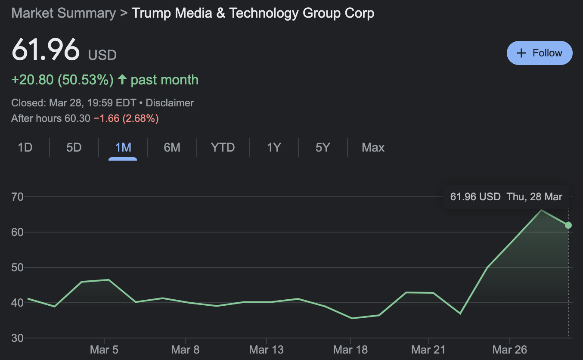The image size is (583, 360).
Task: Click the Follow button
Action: click(540, 53)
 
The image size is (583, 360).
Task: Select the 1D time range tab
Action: click(25, 148)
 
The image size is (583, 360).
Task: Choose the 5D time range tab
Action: click(74, 148)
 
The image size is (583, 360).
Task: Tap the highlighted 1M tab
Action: click(123, 148)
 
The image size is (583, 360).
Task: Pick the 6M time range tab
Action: click(172, 148)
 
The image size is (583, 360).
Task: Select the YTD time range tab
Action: click(223, 148)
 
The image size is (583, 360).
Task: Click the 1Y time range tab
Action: click(273, 148)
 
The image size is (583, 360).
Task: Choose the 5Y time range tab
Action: click(323, 148)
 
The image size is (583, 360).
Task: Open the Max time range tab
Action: click(373, 148)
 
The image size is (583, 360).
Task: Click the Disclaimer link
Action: click(170, 103)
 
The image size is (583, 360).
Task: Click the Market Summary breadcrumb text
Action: click(63, 13)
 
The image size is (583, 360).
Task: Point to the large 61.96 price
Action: click(46, 50)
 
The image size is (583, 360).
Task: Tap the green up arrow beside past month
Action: click(123, 80)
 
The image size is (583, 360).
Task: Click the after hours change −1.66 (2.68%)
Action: click(126, 118)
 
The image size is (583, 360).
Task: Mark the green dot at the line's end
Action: click(568, 225)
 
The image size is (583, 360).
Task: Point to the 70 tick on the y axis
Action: click(17, 197)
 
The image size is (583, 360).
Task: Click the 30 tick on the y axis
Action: click(17, 338)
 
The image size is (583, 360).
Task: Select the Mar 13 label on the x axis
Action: click(267, 350)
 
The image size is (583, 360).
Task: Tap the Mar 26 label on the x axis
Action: click(510, 350)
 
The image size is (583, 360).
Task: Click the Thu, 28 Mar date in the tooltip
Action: click(534, 197)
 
